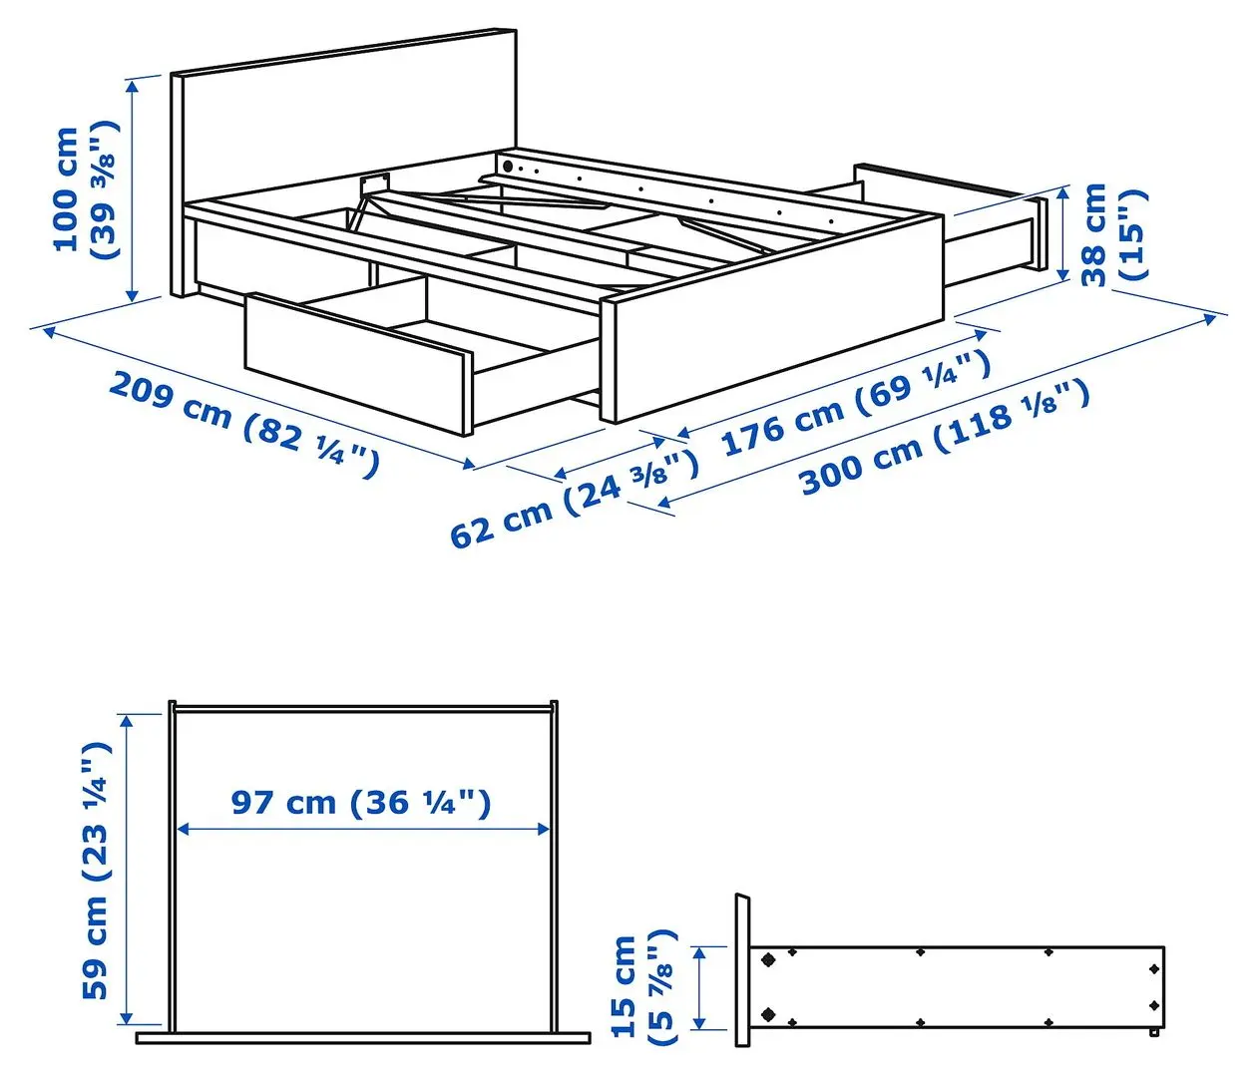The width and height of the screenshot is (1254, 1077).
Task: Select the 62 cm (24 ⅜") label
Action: click(573, 500)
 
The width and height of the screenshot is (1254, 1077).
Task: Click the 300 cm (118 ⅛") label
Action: click(944, 439)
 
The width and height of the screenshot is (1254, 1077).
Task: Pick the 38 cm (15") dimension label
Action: click(1113, 233)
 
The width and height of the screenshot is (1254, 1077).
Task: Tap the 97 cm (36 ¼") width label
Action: click(361, 802)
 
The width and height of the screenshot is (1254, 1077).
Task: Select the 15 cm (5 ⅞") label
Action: click(643, 987)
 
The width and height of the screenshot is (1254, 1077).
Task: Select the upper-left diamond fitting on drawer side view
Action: click(768, 960)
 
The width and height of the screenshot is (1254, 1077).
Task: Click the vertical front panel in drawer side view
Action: click(742, 970)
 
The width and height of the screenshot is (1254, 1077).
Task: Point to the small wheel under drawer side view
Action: click(1153, 1033)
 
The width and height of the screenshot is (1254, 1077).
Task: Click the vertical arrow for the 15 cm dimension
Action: click(700, 987)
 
